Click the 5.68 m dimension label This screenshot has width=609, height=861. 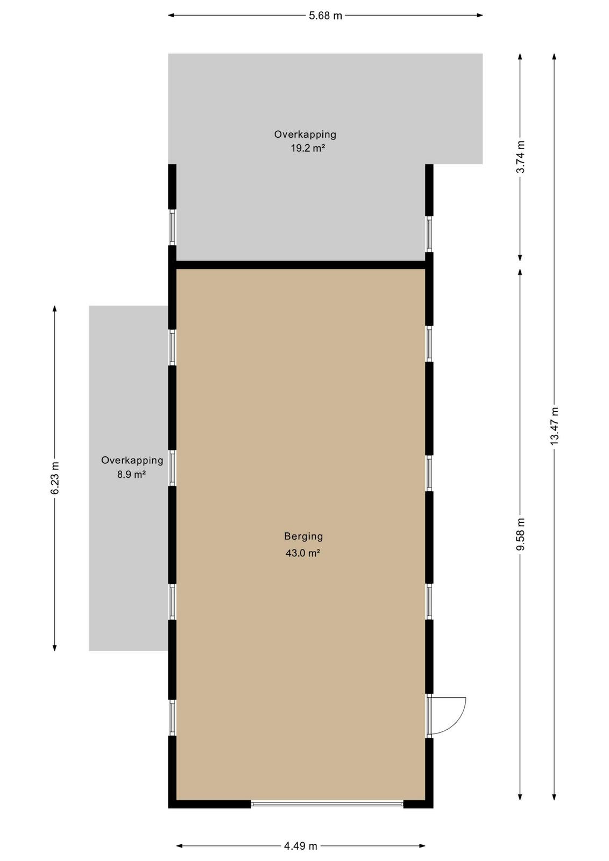325,16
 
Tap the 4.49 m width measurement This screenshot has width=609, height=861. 301,845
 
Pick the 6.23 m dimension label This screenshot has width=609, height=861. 55,478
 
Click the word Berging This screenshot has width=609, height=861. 303,536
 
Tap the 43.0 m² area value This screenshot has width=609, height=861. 303,553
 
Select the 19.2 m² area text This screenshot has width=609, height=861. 308,148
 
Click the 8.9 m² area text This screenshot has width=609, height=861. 131,474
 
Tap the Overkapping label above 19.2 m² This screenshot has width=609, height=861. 305,135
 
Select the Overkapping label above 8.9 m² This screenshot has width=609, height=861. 132,460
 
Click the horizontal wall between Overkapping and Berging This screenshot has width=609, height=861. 301,265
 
